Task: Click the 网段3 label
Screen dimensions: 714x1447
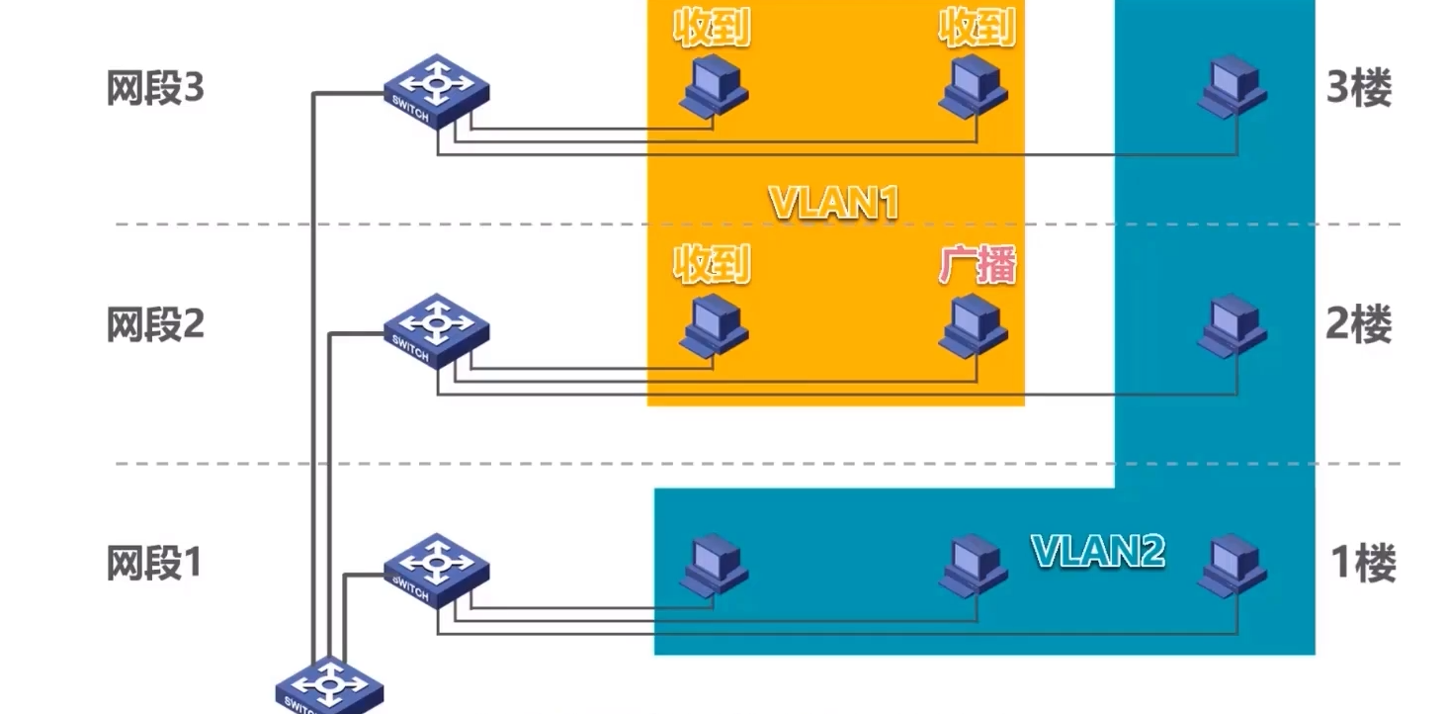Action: pyautogui.click(x=155, y=89)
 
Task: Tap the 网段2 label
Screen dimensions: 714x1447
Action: pyautogui.click(x=155, y=324)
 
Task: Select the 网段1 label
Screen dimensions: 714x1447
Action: pyautogui.click(x=154, y=564)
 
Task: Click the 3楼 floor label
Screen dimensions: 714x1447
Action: pyautogui.click(x=1359, y=89)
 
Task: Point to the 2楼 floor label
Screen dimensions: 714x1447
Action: pyautogui.click(x=1359, y=324)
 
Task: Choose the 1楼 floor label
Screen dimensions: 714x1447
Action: pyautogui.click(x=1363, y=564)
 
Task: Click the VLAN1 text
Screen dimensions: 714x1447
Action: pyautogui.click(x=834, y=204)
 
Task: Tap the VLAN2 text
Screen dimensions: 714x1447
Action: pyautogui.click(x=1098, y=551)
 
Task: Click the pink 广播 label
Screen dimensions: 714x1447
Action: pyautogui.click(x=978, y=265)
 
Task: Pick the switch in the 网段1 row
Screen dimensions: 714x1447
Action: pyautogui.click(x=436, y=571)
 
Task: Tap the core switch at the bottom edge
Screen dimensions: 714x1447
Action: pyautogui.click(x=327, y=685)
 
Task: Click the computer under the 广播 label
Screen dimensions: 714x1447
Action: pyautogui.click(x=974, y=327)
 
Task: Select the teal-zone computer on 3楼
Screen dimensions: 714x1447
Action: pyautogui.click(x=1233, y=86)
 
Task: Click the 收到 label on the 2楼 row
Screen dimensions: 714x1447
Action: pyautogui.click(x=712, y=265)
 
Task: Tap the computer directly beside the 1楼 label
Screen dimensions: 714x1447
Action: pyautogui.click(x=1233, y=566)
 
